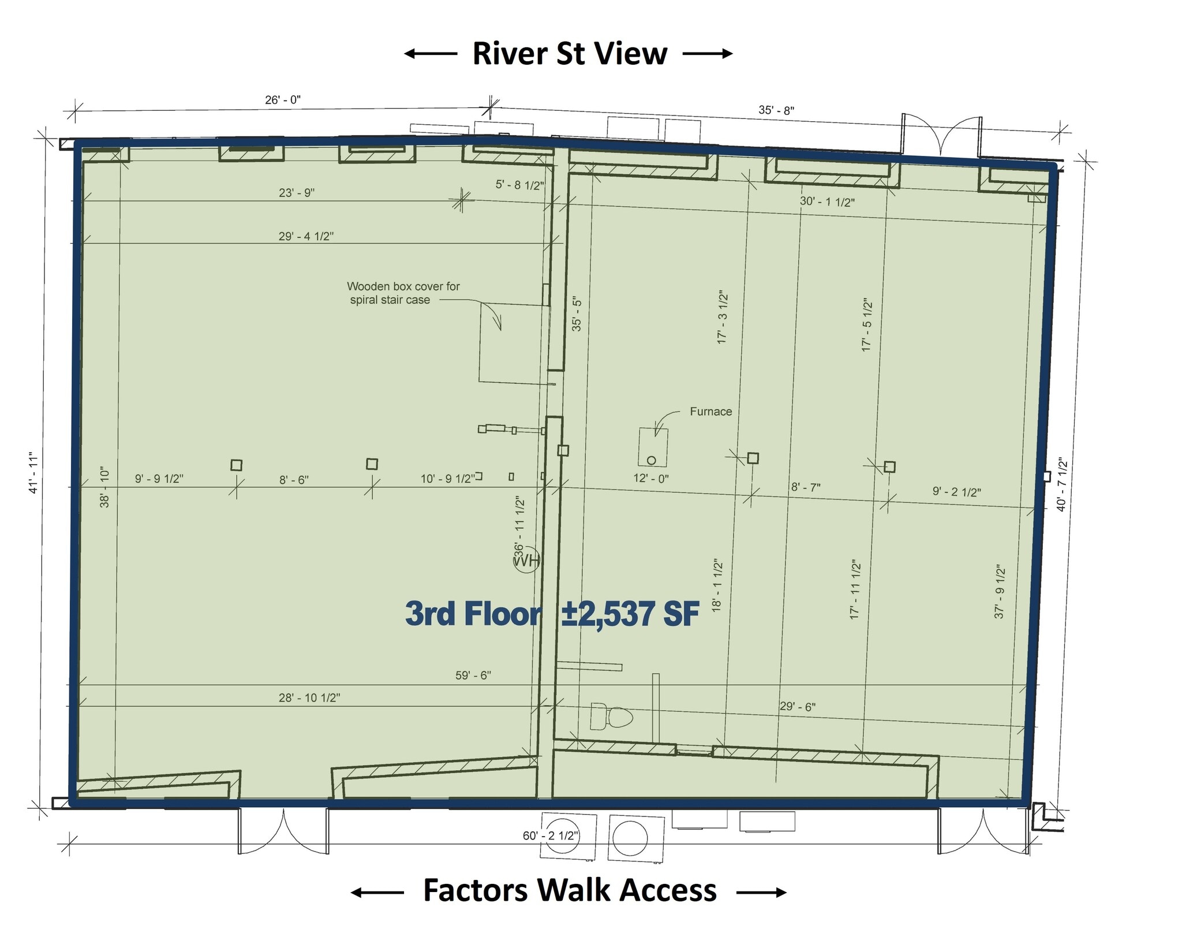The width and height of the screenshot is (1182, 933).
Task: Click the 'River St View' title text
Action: [x=570, y=54]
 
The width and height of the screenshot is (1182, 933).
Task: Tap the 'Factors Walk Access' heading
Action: [x=570, y=890]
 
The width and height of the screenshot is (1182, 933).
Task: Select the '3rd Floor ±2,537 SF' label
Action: [x=552, y=614]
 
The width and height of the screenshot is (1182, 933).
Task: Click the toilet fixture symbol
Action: [x=611, y=718]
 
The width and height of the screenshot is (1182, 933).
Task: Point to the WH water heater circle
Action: [x=526, y=559]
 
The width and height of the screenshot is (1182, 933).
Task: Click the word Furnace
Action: [x=710, y=412]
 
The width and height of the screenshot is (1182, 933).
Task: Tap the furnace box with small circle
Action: [x=653, y=447]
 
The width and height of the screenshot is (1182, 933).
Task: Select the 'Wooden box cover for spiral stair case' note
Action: [x=402, y=293]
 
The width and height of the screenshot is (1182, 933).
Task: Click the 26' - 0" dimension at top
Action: [x=283, y=100]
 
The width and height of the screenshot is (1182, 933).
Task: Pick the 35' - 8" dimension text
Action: [x=776, y=110]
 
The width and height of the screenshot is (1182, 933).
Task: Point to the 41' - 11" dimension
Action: [x=33, y=473]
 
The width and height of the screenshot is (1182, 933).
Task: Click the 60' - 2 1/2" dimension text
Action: [x=551, y=835]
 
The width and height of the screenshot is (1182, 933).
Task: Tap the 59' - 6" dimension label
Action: [x=473, y=675]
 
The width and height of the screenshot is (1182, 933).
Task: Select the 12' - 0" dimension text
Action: [x=650, y=478]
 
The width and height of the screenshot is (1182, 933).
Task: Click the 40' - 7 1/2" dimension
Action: [x=1061, y=484]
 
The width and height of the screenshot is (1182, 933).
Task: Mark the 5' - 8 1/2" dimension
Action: [x=519, y=185]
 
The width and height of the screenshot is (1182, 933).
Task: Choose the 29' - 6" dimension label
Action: [x=797, y=706]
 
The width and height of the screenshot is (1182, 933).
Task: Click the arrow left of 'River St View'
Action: [x=430, y=54]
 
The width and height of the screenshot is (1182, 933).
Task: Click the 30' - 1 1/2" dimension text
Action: [x=826, y=201]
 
